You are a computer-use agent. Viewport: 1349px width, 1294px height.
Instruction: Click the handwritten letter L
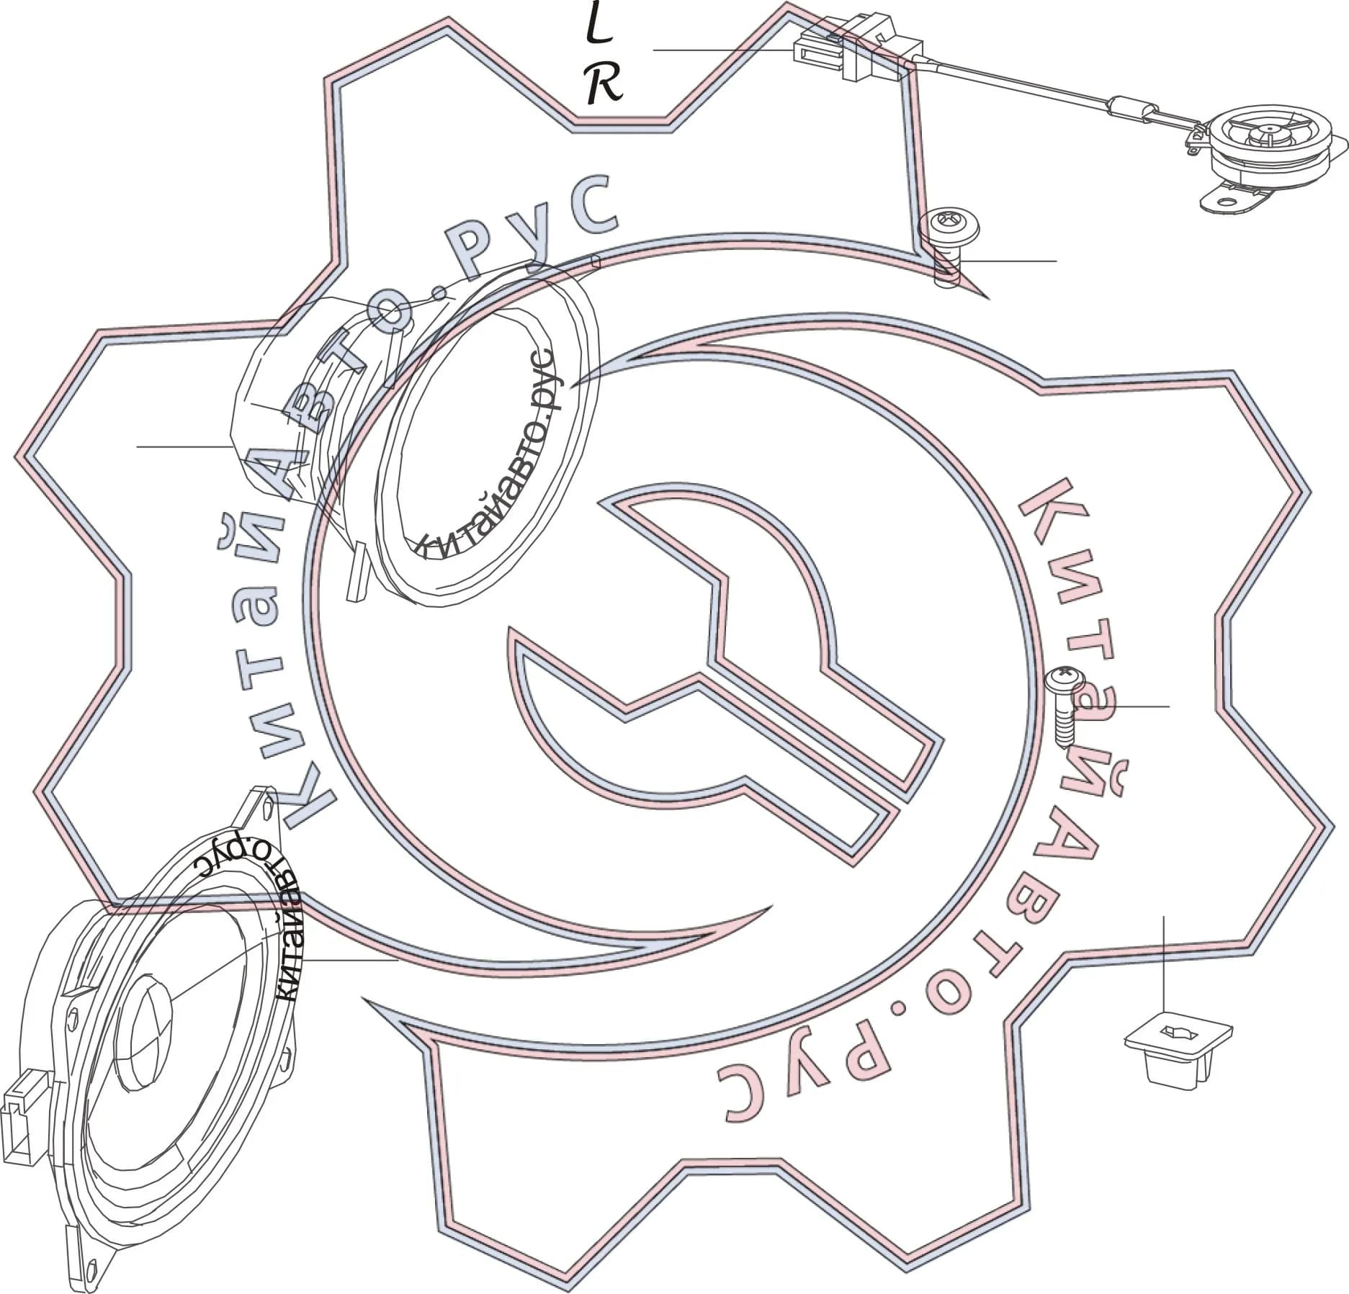pyautogui.click(x=598, y=27)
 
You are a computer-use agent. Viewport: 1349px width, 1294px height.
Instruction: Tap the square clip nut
pyautogui.click(x=1178, y=1057)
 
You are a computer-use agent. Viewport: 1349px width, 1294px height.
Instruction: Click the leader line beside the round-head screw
pyautogui.click(x=1008, y=260)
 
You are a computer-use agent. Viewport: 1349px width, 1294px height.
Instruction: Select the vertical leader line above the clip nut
pyautogui.click(x=1164, y=964)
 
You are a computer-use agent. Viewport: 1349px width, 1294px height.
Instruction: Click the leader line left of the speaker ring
pyautogui.click(x=184, y=447)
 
